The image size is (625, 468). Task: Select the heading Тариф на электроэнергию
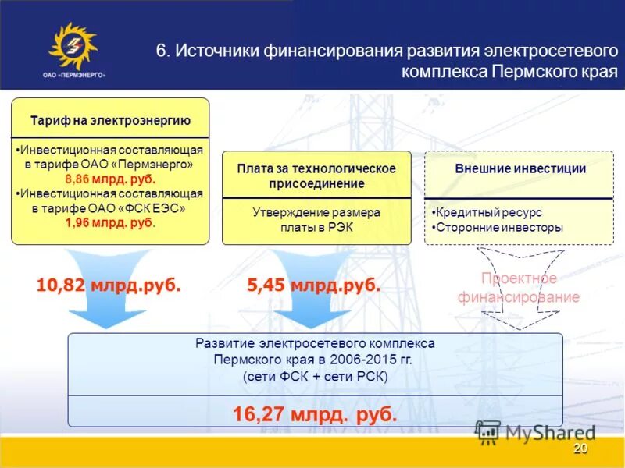(x=110, y=121)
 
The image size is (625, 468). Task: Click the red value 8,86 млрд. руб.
(x=109, y=179)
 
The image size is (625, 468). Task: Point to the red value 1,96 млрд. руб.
(x=109, y=223)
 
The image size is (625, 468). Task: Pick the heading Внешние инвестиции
(x=520, y=168)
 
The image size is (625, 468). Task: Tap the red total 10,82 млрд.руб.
(x=109, y=285)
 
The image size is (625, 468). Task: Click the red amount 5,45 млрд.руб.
(x=314, y=285)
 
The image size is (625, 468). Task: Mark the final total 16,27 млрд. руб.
(x=315, y=413)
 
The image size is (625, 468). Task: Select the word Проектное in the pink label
(x=519, y=278)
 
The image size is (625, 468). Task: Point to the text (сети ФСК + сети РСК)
(x=315, y=377)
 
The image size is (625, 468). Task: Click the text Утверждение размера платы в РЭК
(x=316, y=219)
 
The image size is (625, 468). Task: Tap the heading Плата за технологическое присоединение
(x=316, y=176)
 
